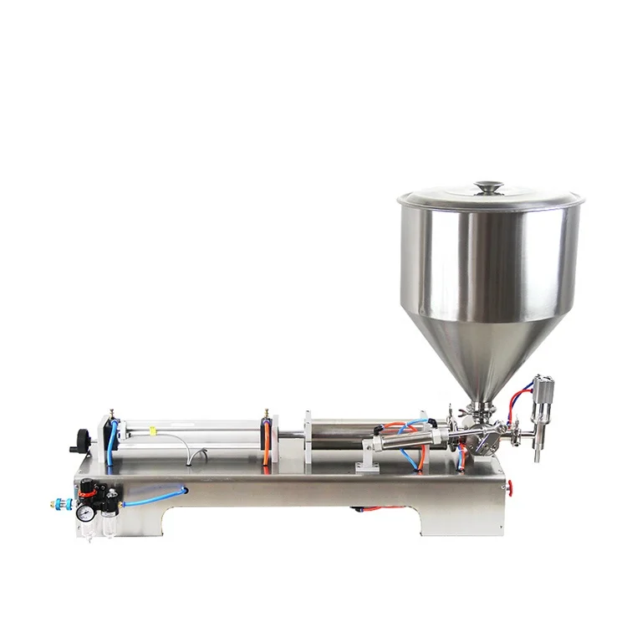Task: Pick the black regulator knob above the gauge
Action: click(x=86, y=493)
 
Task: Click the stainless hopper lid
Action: click(x=490, y=199)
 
